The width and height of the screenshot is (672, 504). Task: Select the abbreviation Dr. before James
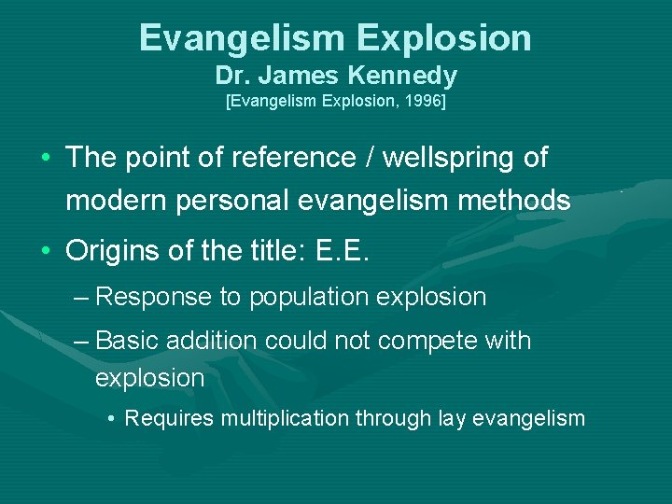[231, 76]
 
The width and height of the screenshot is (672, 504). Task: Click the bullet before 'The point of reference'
[47, 159]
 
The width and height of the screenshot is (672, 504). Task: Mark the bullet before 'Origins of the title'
[47, 251]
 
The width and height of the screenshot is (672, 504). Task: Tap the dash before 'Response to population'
[80, 298]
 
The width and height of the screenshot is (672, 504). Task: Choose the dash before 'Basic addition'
[80, 341]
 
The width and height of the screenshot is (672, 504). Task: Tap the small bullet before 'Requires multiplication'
[112, 418]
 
